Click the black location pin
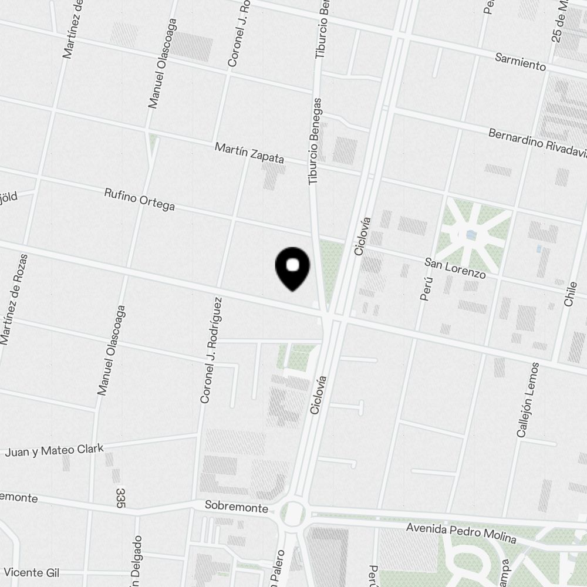tap(292, 268)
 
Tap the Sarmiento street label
tap(520, 62)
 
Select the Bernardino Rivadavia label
tap(537, 143)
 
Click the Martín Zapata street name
tap(249, 153)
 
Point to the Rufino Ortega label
tap(139, 199)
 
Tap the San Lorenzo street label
tap(456, 268)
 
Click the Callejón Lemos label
tap(527, 400)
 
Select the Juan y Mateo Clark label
tap(54, 450)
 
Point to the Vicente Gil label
tap(32, 572)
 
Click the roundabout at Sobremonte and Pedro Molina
tap(293, 513)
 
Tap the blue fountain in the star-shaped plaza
tap(471, 236)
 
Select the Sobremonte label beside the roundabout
tap(237, 506)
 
